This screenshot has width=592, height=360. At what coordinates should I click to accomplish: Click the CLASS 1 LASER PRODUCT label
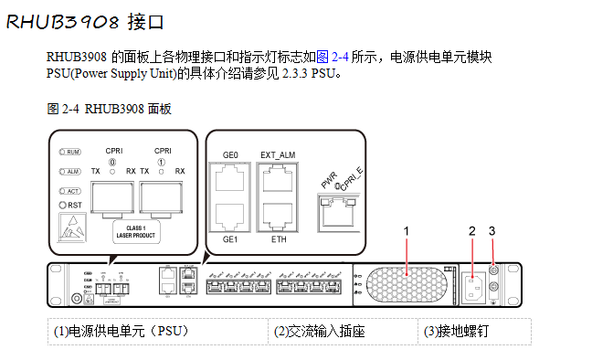(x=136, y=231)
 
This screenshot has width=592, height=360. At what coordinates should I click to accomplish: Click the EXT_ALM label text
(x=278, y=154)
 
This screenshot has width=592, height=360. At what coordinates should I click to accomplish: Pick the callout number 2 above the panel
(x=472, y=230)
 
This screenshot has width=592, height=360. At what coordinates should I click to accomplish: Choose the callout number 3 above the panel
(x=492, y=230)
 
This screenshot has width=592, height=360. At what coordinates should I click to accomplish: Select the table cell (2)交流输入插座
(x=320, y=331)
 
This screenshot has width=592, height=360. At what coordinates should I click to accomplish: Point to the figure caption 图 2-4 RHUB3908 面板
(x=110, y=109)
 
